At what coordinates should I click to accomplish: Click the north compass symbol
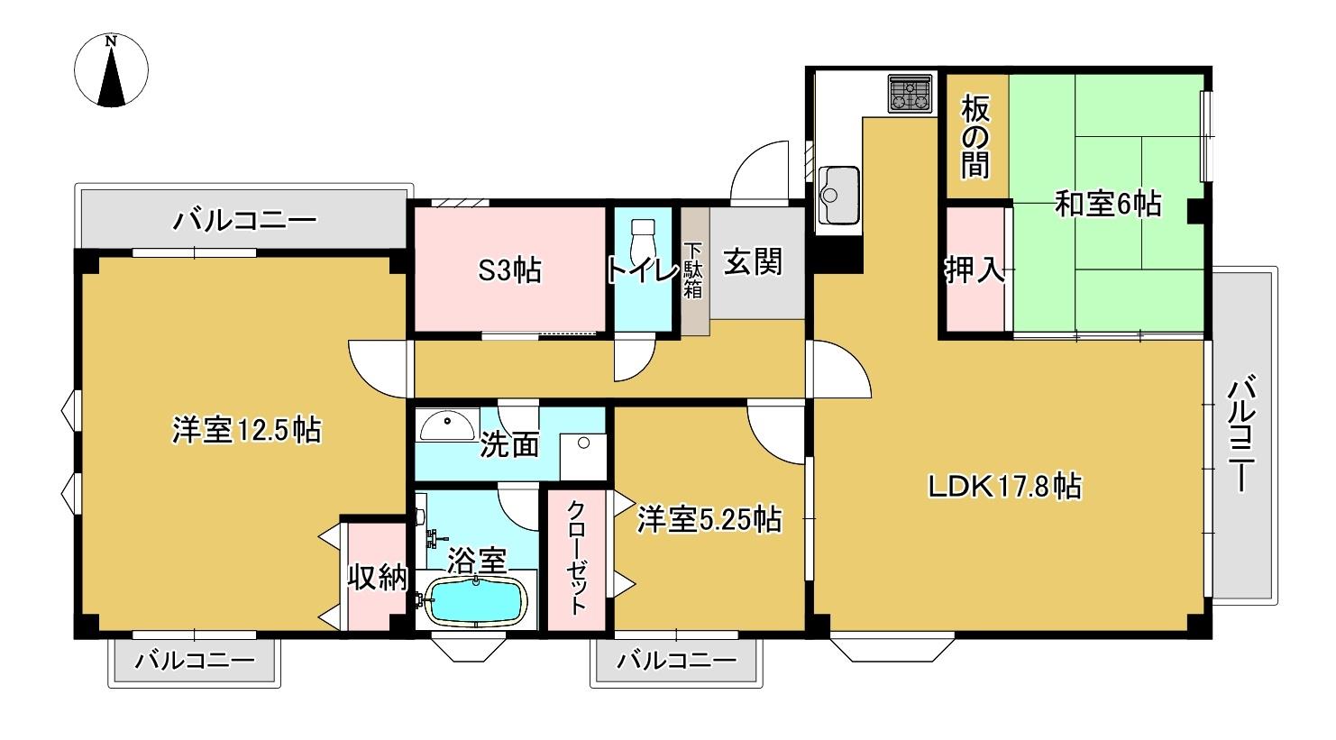(112, 71)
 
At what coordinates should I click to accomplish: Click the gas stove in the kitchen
(911, 94)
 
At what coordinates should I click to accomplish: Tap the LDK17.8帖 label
(1005, 487)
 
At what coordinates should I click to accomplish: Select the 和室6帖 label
(1107, 205)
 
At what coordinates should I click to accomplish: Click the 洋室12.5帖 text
(246, 430)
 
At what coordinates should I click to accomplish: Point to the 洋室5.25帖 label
(709, 519)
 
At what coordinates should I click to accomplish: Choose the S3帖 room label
(509, 270)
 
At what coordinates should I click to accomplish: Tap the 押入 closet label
(975, 270)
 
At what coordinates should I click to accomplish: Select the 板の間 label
(975, 136)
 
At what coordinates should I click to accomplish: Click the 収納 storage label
(378, 578)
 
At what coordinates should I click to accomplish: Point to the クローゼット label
(577, 557)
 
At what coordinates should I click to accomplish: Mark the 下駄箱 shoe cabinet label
(693, 270)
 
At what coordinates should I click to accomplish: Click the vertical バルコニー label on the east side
(1242, 435)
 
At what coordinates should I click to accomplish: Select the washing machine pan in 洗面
(581, 455)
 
